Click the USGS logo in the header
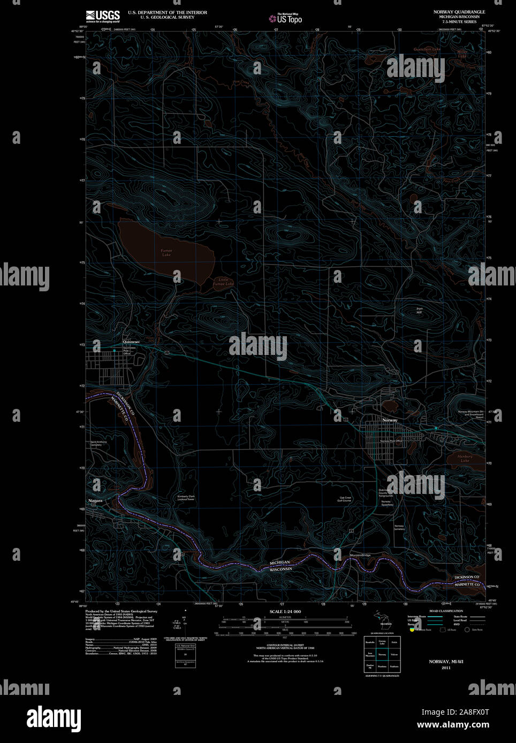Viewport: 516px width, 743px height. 103,16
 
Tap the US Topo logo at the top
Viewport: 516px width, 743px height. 286,19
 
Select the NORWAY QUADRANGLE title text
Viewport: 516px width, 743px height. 459,12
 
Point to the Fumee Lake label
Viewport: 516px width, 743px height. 166,252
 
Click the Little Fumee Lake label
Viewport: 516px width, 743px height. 223,282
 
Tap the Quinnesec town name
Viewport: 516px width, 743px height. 131,342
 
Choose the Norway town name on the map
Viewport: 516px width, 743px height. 390,420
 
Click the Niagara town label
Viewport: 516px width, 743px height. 95,501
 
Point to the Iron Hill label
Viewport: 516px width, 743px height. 419,310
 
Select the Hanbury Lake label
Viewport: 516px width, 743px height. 465,458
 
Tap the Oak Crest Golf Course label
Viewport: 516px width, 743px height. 344,499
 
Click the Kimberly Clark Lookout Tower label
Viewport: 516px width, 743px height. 186,498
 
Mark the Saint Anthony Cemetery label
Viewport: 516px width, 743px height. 98,443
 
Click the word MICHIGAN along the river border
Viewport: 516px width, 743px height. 279,562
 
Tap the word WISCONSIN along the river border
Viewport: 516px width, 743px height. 280,569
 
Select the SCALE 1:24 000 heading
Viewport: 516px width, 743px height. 285,612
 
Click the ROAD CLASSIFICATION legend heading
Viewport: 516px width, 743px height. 446,611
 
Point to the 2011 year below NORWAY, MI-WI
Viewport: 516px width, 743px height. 446,668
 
